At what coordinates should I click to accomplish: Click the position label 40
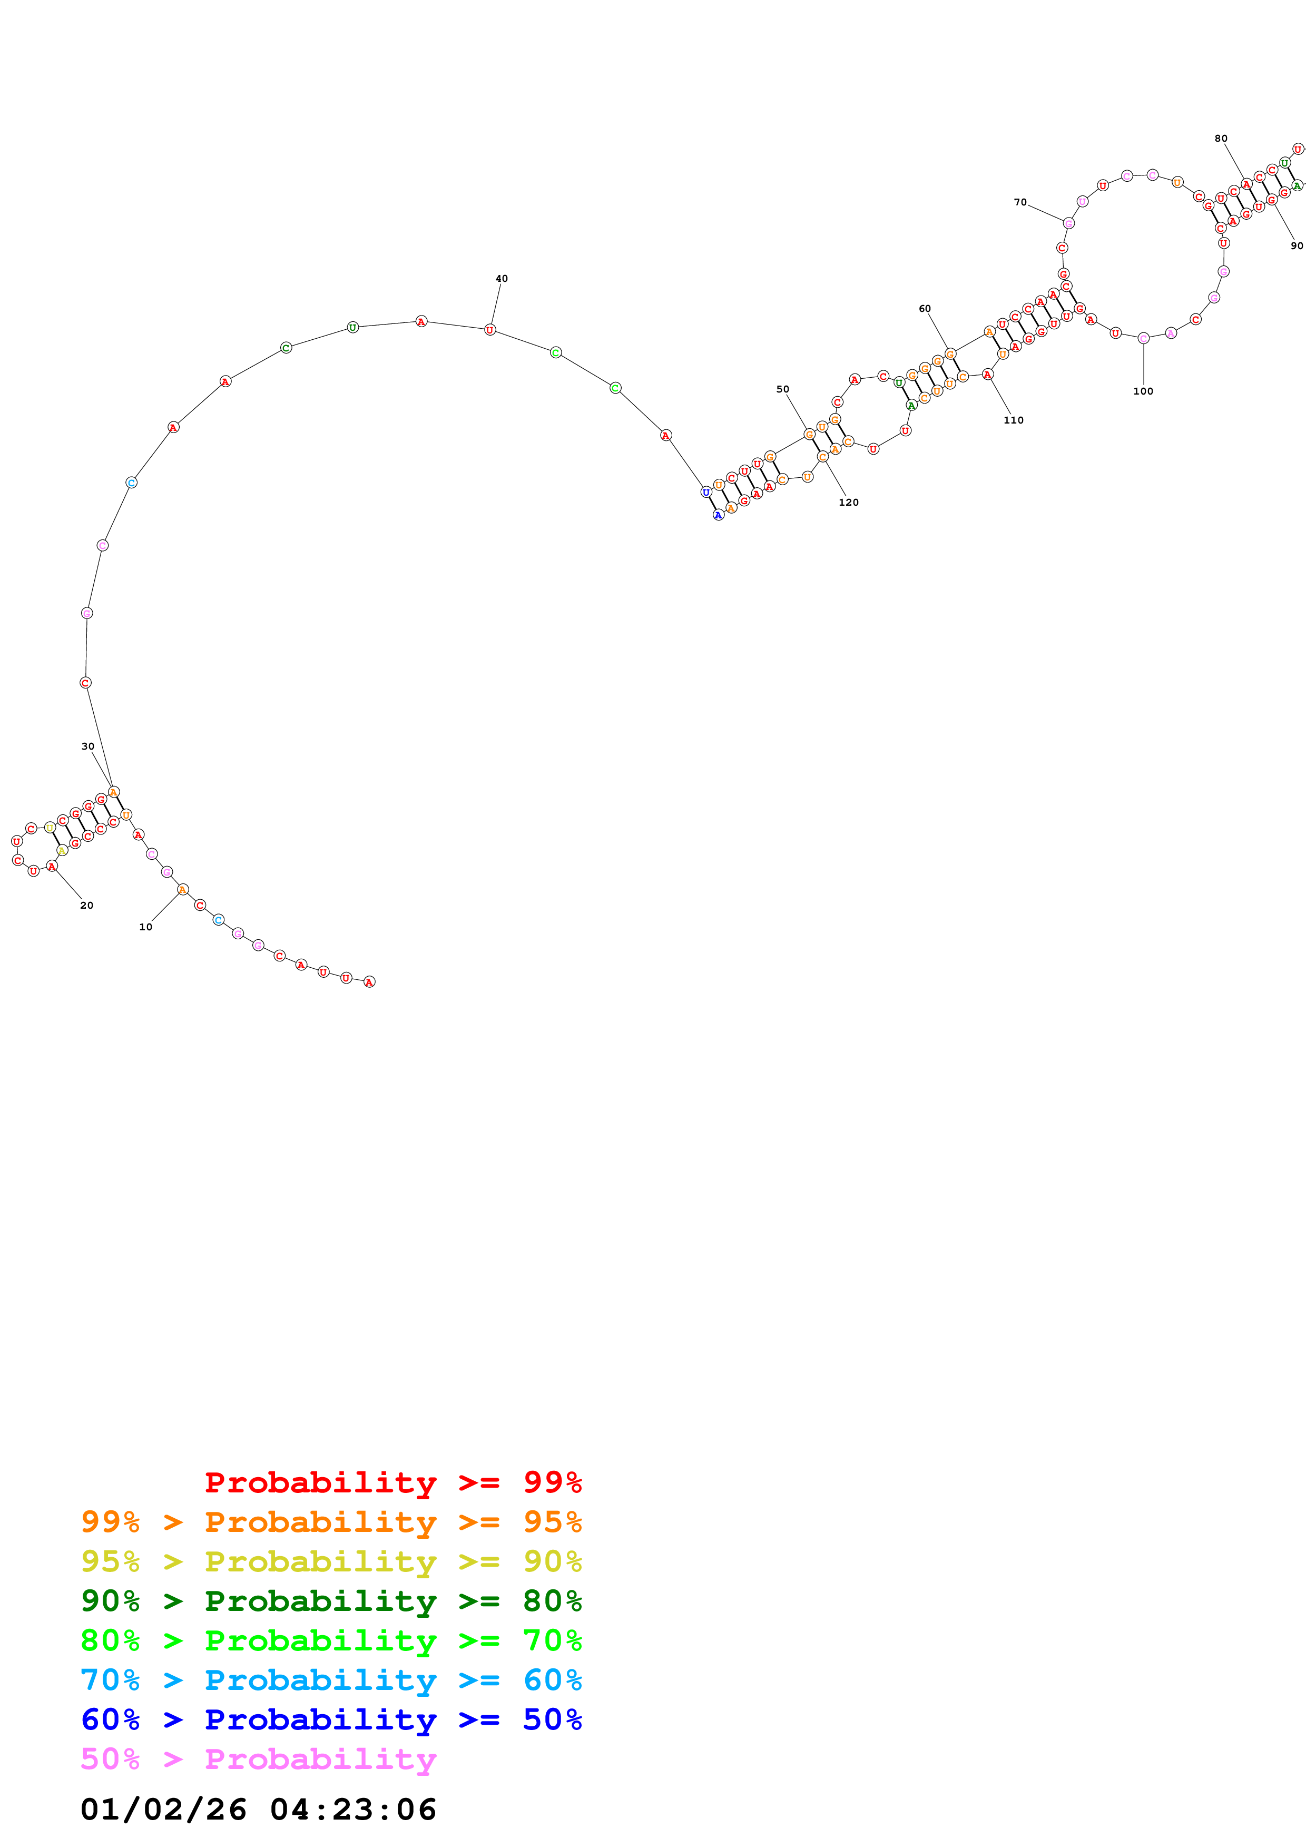point(502,279)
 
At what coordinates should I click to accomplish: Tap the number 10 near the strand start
point(145,927)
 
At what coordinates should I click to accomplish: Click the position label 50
point(782,389)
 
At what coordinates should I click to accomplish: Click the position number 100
point(1143,391)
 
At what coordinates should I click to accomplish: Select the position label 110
point(1013,420)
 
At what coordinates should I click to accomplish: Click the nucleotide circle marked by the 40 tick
point(489,329)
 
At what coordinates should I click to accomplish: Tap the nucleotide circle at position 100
point(1143,338)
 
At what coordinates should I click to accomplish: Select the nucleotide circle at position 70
point(1068,223)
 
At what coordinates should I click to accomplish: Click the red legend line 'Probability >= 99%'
point(392,1482)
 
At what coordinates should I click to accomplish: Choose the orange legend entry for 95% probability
point(331,1522)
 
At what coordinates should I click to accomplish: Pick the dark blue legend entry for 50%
point(331,1719)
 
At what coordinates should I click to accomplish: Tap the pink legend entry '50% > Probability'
point(258,1758)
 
